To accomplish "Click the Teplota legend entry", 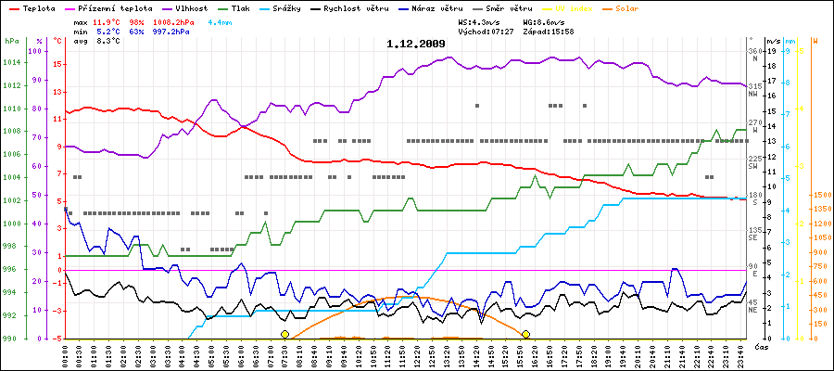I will coord(36,7).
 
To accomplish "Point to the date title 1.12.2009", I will coord(416,44).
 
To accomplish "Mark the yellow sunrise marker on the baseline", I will coord(284,334).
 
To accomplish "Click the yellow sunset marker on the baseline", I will coord(526,334).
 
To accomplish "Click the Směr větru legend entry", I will coord(516,7).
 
